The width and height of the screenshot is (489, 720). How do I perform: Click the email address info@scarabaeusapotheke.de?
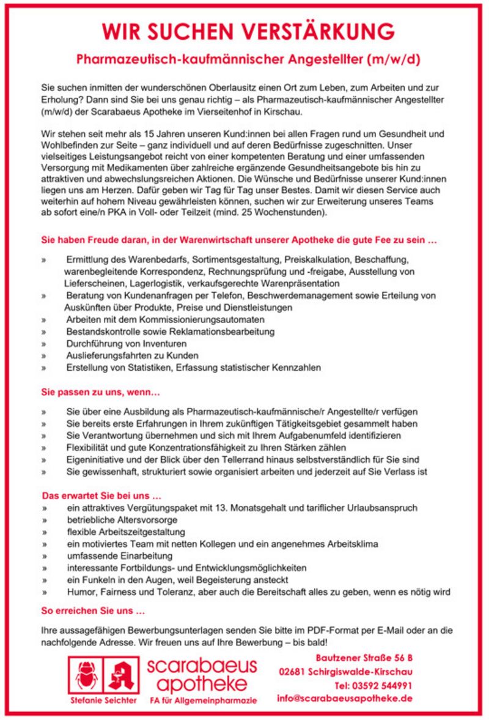tap(345, 698)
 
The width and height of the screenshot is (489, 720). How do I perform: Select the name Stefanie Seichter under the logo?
tap(103, 700)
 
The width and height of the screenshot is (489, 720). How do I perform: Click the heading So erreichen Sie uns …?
tap(94, 611)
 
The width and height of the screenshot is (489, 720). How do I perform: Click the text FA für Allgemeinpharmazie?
tap(204, 700)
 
